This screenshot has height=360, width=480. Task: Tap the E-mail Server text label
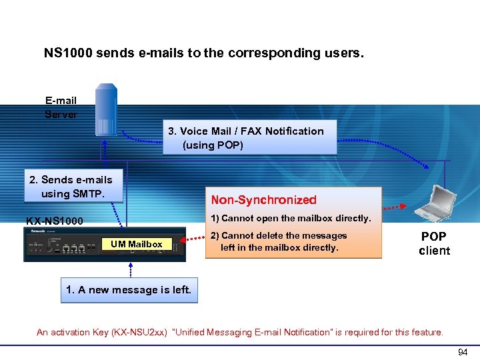coord(61,107)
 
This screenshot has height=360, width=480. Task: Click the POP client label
coord(434,243)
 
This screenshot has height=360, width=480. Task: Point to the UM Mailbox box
coord(137,244)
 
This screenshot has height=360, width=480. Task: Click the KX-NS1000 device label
coord(55,221)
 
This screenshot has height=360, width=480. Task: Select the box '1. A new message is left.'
coord(129,290)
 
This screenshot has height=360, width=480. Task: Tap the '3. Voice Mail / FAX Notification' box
coord(250,137)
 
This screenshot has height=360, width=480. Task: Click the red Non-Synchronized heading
coord(263,199)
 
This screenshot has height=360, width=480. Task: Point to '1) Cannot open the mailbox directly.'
coord(291,218)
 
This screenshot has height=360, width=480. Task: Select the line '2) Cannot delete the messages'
coord(279,235)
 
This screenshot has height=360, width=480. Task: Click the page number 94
coord(463,351)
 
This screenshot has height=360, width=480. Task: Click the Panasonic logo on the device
coord(35,231)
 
